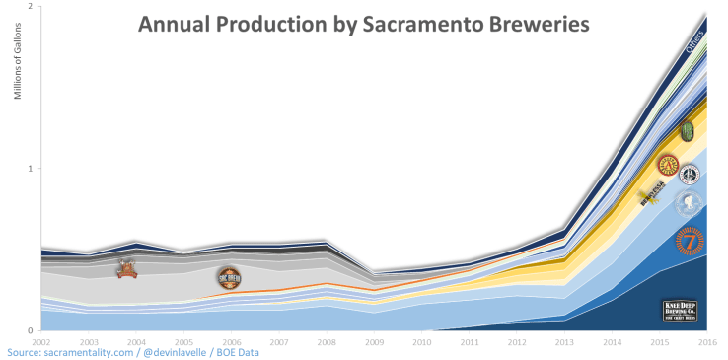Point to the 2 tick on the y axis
(x=30, y=7)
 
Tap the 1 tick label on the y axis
(x=30, y=169)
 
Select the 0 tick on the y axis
(x=30, y=330)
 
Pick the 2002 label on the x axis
(x=41, y=341)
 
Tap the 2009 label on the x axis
(x=374, y=341)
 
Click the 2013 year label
(x=564, y=341)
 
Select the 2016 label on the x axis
(x=706, y=341)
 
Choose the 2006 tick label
(x=231, y=341)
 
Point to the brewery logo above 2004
(x=127, y=268)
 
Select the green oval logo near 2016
(x=688, y=130)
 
